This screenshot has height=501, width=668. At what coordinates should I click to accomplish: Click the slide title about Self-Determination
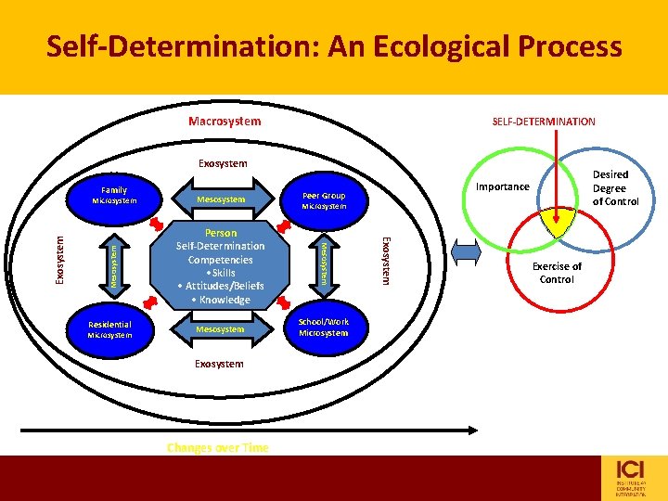coord(334,45)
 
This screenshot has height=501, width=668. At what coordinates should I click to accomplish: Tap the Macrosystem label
coord(225,122)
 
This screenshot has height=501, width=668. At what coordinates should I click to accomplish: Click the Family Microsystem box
coord(115,195)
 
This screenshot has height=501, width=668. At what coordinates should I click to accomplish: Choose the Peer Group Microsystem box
coord(324,200)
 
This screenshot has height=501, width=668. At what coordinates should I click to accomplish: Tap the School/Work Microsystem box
coord(324,327)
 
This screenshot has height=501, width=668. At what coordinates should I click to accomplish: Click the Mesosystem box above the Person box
coord(221,199)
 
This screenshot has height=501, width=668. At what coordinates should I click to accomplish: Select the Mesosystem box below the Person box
coord(221,329)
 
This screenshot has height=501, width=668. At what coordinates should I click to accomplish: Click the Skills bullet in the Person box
coord(221,273)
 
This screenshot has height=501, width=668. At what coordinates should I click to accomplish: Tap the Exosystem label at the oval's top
coord(223,164)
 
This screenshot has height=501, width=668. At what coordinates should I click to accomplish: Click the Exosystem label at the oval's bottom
coord(219,364)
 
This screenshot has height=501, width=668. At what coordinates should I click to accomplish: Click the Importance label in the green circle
coord(502,186)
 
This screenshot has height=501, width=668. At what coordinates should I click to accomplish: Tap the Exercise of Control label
coord(557,273)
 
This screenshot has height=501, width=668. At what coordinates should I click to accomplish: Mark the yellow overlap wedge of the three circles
coord(557,223)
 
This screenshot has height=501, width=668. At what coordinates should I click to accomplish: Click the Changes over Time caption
coord(218,447)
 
